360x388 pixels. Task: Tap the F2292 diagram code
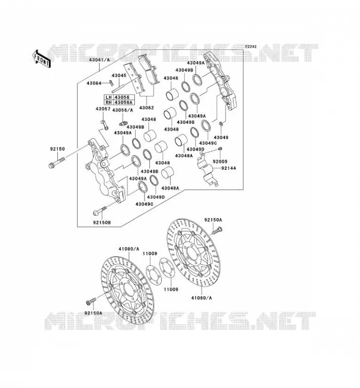click(x=251, y=47)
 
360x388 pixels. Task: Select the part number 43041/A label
click(x=99, y=60)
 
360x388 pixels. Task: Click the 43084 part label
click(x=94, y=83)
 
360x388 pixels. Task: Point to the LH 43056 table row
click(x=119, y=97)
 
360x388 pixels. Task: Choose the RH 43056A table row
click(x=119, y=102)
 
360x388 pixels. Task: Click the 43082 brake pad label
click(x=147, y=108)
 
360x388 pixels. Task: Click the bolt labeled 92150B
click(x=99, y=211)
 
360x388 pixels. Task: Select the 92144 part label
click(x=229, y=168)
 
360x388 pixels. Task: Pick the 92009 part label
click(x=220, y=162)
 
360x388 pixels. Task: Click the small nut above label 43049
click(x=221, y=123)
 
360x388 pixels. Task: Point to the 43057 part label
click(x=103, y=109)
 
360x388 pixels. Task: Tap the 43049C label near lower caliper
click(x=145, y=204)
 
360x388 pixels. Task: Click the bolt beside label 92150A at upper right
click(x=217, y=231)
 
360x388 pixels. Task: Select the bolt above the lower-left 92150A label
click(x=91, y=301)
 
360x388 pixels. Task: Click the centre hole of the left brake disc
click(x=128, y=289)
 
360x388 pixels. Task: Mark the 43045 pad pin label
click(x=119, y=76)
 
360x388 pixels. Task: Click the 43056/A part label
click(x=123, y=110)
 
